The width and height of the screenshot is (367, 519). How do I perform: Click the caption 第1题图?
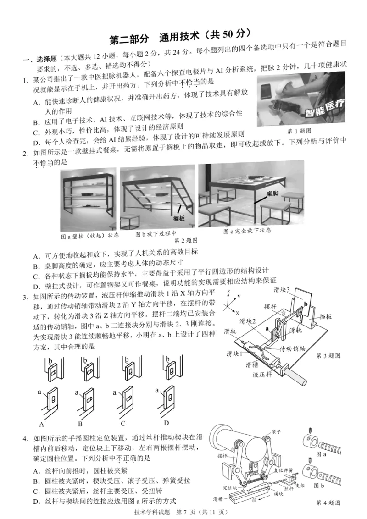pyautogui.click(x=299, y=132)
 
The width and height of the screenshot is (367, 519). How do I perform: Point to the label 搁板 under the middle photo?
pyautogui.click(x=178, y=219)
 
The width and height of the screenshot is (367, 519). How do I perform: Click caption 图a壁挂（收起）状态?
pyautogui.click(x=90, y=236)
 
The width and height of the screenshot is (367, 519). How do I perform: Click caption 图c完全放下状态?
pyautogui.click(x=247, y=231)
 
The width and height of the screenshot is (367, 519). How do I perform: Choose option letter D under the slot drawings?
pyautogui.click(x=166, y=423)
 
